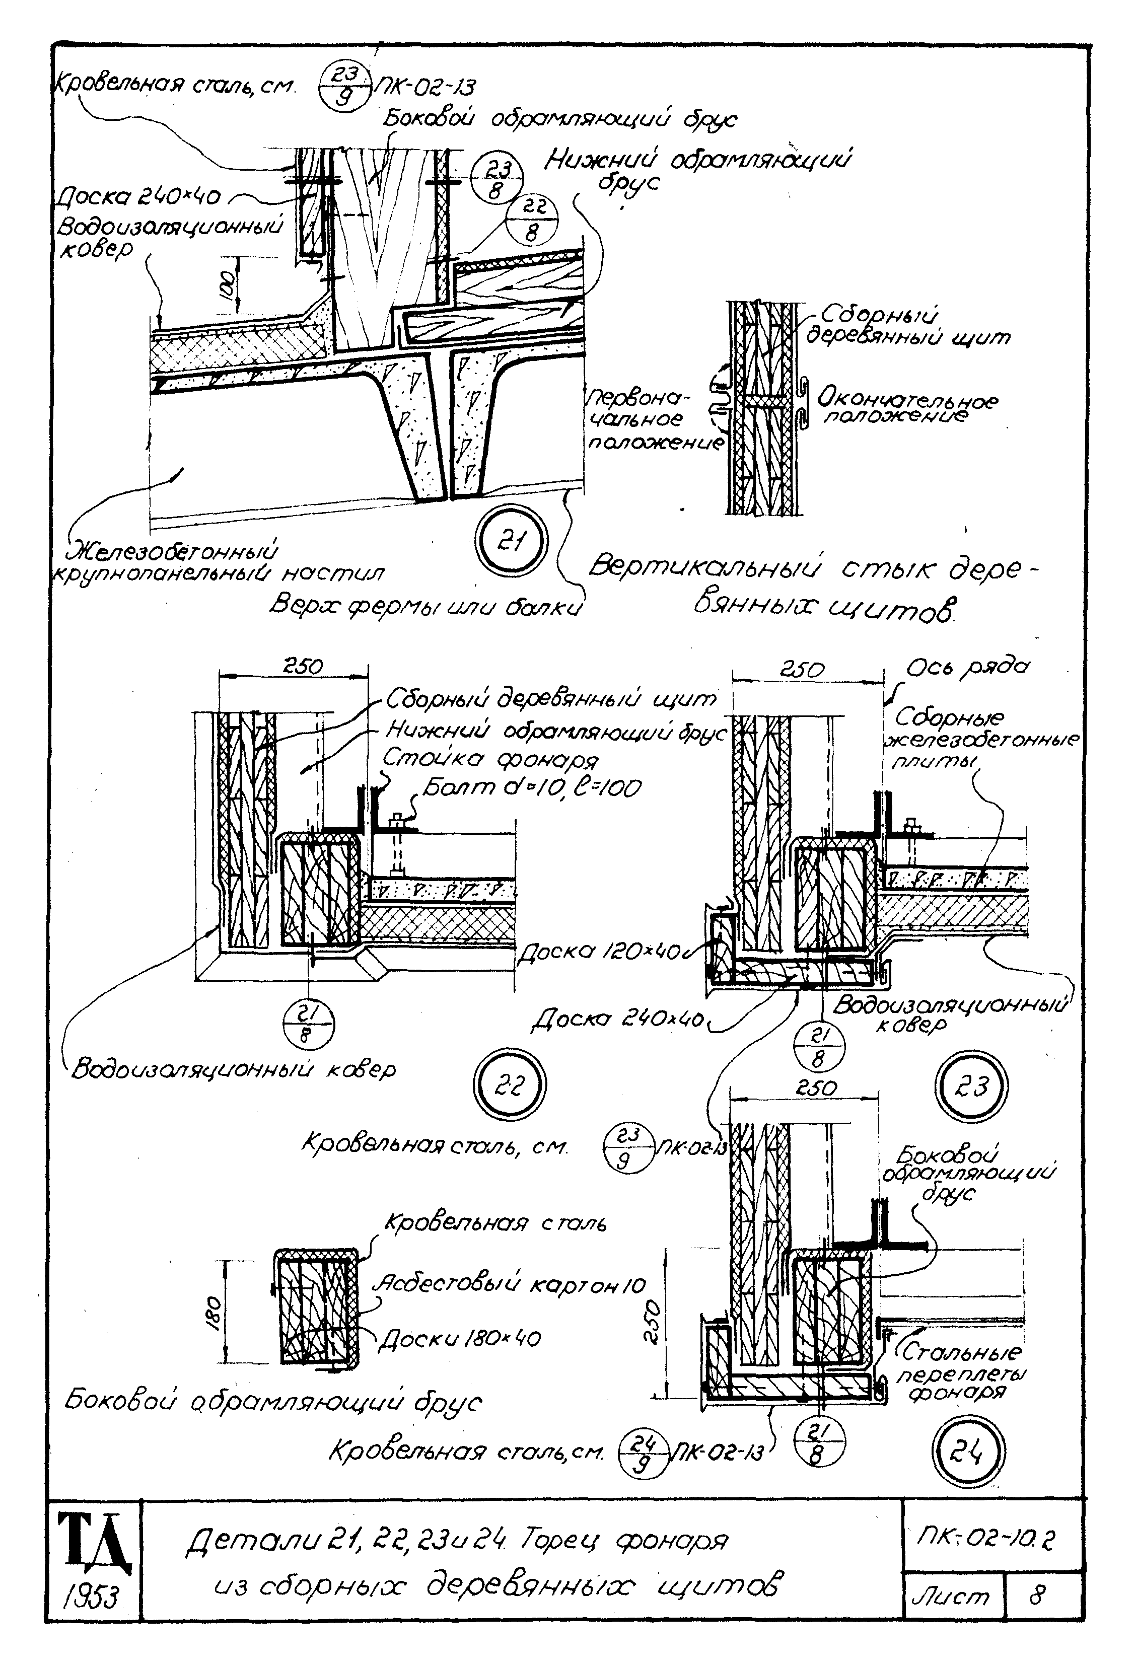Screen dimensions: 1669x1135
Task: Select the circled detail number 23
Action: tap(973, 1086)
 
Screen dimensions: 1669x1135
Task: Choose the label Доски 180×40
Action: tap(460, 1338)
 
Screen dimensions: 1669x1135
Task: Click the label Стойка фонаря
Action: tap(490, 759)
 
